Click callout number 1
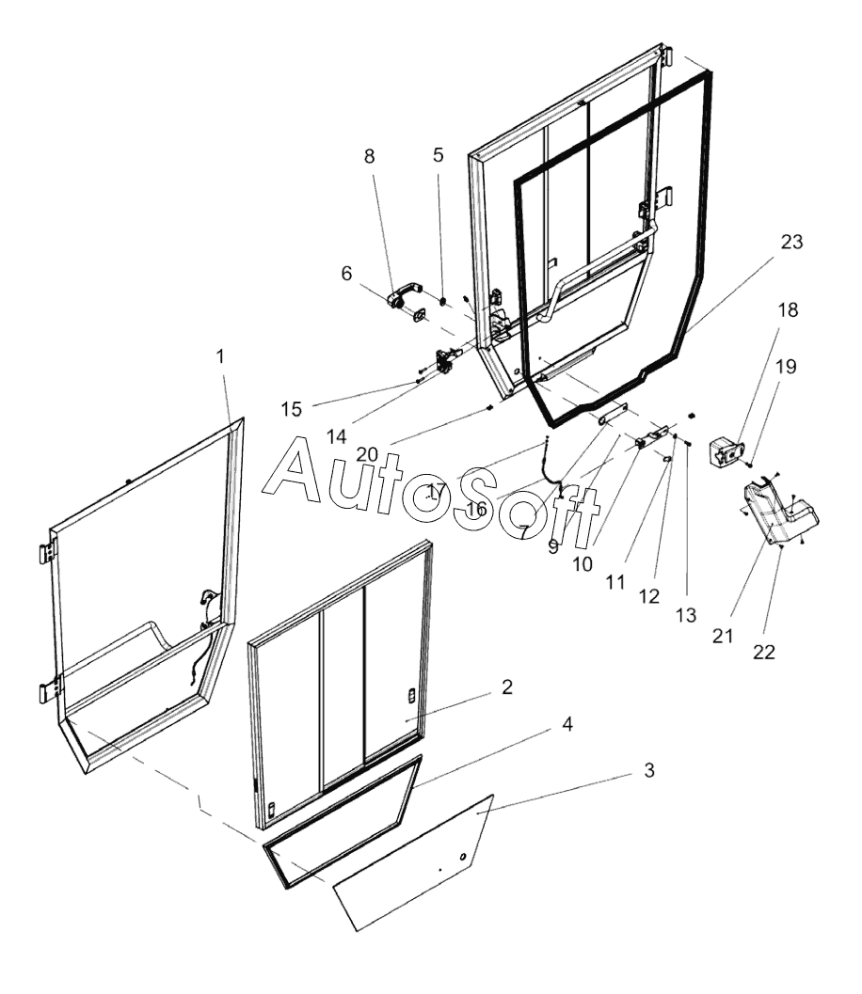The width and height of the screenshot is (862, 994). [x=220, y=357]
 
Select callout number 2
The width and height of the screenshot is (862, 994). [x=507, y=687]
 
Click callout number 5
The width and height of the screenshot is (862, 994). [x=439, y=156]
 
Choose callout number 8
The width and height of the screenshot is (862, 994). [x=370, y=156]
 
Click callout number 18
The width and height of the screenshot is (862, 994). [x=787, y=311]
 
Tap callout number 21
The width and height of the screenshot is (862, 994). [x=722, y=637]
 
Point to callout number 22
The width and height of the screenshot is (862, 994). [x=764, y=652]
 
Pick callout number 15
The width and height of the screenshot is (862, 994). [x=292, y=409]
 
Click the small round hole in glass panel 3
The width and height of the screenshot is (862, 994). [x=462, y=856]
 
